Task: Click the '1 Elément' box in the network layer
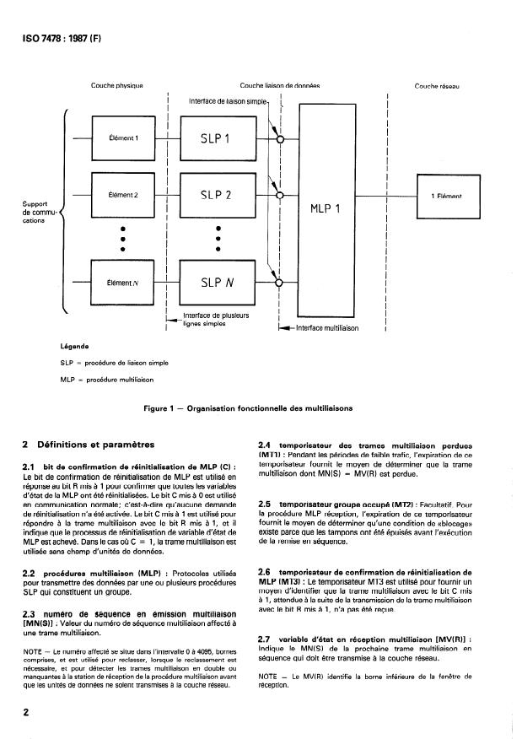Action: (x=451, y=197)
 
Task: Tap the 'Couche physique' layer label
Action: (x=117, y=85)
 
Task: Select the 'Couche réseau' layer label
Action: (x=435, y=85)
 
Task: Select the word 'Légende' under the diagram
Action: (x=76, y=345)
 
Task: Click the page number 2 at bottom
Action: (x=28, y=711)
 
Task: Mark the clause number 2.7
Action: (x=263, y=640)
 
